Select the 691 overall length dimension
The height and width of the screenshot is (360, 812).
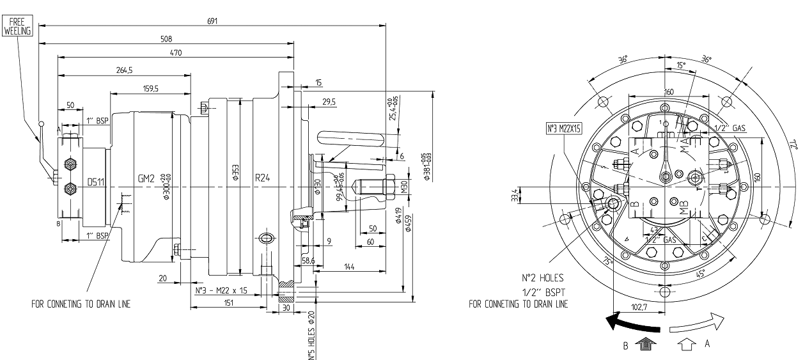click(212, 21)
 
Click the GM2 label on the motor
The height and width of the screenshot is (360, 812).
click(146, 179)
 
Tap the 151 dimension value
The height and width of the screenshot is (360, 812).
click(228, 303)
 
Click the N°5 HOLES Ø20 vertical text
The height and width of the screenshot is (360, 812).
click(311, 336)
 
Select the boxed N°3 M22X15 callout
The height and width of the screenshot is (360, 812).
click(563, 129)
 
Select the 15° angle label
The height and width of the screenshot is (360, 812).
click(680, 65)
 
